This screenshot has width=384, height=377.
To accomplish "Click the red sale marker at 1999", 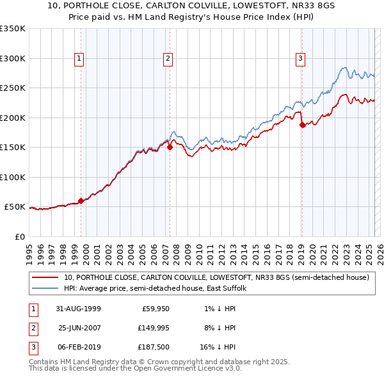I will [x=81, y=201].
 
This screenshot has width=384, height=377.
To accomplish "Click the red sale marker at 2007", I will [x=170, y=147].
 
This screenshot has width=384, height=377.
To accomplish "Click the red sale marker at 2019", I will [x=302, y=125].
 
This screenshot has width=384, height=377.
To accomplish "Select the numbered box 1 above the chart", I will [x=79, y=59].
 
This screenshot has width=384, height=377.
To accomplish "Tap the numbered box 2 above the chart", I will [x=168, y=59].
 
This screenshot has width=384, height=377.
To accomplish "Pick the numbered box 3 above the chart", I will [x=300, y=59].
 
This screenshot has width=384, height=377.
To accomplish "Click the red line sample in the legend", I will [x=45, y=278].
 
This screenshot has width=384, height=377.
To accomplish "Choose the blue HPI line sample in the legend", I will [x=45, y=289].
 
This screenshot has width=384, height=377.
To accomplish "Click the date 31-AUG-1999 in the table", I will [x=77, y=309].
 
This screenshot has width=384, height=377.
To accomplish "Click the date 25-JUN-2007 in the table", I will [x=77, y=328].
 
